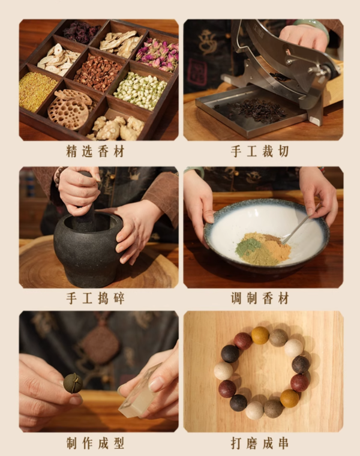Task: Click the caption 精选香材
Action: pyautogui.click(x=95, y=152)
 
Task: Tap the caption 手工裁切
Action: pyautogui.click(x=260, y=152)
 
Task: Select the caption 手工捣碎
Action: pyautogui.click(x=95, y=298)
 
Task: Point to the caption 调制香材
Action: pyautogui.click(x=260, y=298)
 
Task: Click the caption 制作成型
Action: pyautogui.click(x=95, y=443)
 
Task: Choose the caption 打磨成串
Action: pyautogui.click(x=260, y=443)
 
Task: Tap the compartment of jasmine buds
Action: pyautogui.click(x=140, y=89)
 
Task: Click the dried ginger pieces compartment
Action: pyautogui.click(x=121, y=128)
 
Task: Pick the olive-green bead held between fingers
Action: pyautogui.click(x=73, y=383)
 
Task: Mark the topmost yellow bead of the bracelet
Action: pyautogui.click(x=260, y=335)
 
